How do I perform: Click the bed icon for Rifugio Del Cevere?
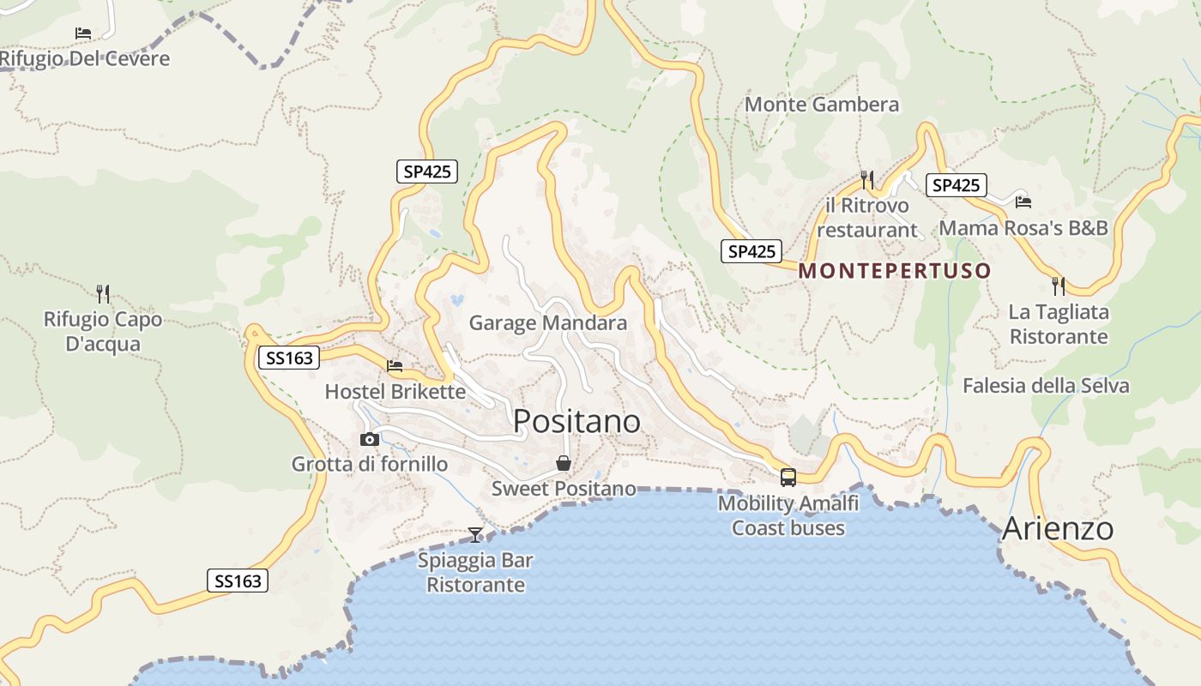pos(83,33)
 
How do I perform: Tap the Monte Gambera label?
pos(822,105)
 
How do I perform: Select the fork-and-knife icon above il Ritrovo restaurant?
pos(867,179)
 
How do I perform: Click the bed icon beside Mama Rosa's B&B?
pos(1023,202)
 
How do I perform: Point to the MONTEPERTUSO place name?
pos(895,271)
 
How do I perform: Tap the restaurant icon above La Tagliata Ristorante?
pos(1059,286)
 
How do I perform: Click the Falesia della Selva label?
pos(1046,386)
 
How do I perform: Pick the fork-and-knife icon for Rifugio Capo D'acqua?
pos(103,294)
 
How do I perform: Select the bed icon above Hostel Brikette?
pos(395,366)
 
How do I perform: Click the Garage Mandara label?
pos(548,323)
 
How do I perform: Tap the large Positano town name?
pos(576,421)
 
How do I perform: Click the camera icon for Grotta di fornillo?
pos(370,439)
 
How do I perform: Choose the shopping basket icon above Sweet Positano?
pos(564,463)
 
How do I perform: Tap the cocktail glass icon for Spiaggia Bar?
pos(475,535)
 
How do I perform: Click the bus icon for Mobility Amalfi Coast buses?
pos(788,478)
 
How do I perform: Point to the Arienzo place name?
pos(1058,528)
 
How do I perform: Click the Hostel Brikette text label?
pos(395,392)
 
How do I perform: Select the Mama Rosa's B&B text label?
pos(1023,228)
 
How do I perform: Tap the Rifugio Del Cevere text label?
pos(85,58)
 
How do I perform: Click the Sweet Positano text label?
pos(564,489)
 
